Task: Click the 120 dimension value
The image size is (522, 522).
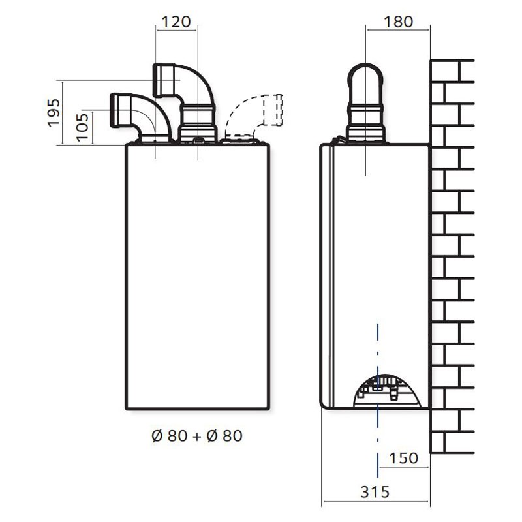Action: click(x=176, y=22)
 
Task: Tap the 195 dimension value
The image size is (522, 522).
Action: click(x=54, y=112)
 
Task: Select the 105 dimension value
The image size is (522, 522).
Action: click(x=83, y=127)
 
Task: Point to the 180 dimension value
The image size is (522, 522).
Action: click(x=399, y=22)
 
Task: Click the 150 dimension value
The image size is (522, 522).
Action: click(x=403, y=458)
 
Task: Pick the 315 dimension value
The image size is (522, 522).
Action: click(x=375, y=492)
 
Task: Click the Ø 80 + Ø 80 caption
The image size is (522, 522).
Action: click(x=197, y=436)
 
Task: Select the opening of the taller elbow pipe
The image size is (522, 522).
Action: click(x=157, y=80)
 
